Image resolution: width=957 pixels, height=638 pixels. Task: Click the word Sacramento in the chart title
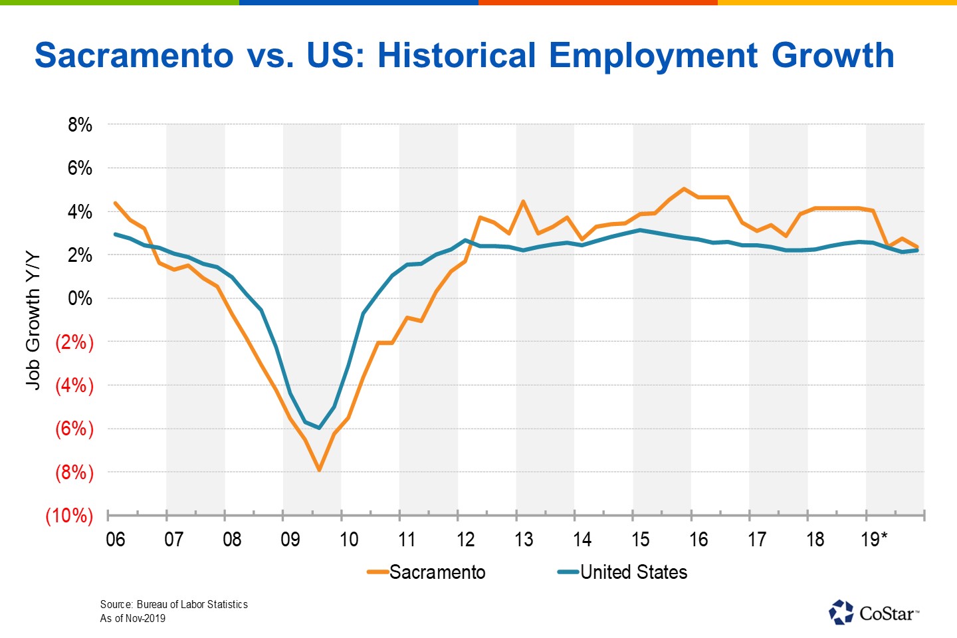[x=134, y=56]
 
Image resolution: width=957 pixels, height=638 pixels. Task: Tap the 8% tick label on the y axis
[x=80, y=125]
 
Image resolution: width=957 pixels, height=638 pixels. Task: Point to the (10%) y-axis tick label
[x=69, y=516]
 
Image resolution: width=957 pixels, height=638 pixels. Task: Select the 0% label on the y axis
[x=80, y=298]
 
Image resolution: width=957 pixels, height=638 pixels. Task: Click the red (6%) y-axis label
[x=74, y=429]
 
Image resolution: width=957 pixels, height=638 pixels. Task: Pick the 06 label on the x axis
[x=116, y=539]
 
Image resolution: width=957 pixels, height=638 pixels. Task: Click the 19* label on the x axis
[x=874, y=539]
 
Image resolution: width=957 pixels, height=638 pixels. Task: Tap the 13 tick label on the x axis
[x=524, y=539]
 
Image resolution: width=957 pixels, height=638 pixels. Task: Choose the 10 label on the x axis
[x=349, y=539]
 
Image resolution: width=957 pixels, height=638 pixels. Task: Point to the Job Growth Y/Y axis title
[x=33, y=320]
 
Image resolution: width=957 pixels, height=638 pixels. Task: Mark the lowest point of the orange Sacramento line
[x=320, y=471]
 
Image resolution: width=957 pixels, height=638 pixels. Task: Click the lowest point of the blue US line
[x=320, y=428]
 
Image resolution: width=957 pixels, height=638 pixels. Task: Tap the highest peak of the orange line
[x=684, y=189]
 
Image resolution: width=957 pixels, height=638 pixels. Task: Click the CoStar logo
[x=874, y=612]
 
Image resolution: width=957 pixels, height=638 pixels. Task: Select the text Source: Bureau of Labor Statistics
[x=174, y=604]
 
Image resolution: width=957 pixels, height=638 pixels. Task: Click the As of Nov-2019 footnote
[x=133, y=618]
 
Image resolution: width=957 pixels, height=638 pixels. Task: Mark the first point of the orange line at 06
[x=116, y=203]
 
